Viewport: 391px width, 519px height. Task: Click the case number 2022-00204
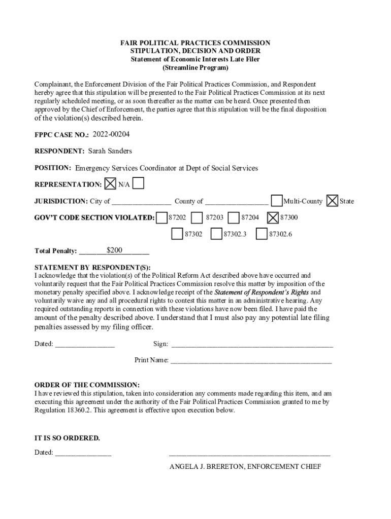click(x=111, y=134)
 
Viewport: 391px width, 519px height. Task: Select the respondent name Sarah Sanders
click(x=110, y=151)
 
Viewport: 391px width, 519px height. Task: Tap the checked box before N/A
click(x=110, y=183)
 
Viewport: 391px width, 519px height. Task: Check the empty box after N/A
click(x=138, y=183)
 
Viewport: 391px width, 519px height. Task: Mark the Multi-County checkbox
click(x=277, y=201)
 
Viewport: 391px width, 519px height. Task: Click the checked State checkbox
click(x=332, y=201)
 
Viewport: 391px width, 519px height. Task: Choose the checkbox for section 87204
click(x=234, y=217)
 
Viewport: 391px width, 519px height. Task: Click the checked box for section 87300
click(x=273, y=217)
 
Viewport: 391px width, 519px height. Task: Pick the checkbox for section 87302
click(x=177, y=234)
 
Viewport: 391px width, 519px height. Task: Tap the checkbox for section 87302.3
click(x=216, y=234)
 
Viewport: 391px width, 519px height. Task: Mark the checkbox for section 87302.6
click(x=262, y=234)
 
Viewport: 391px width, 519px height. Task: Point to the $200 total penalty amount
click(x=115, y=250)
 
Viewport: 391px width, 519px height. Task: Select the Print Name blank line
click(x=251, y=361)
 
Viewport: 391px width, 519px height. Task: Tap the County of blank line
click(x=237, y=202)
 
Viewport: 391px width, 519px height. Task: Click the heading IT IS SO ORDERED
click(x=67, y=438)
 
